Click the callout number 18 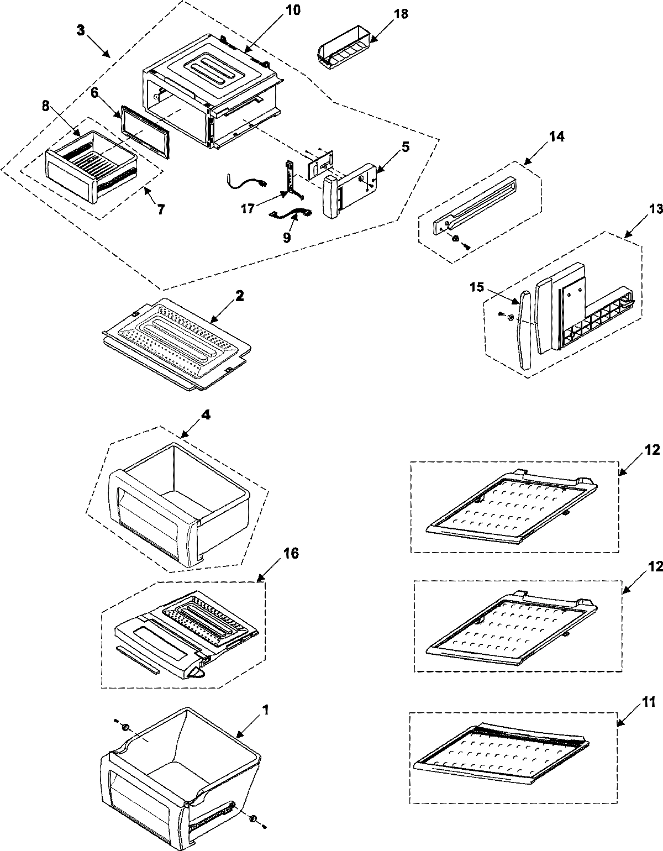tap(401, 14)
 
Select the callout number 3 tap(81, 30)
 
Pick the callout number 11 tap(649, 703)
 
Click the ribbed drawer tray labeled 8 tap(91, 169)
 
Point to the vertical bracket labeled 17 tap(291, 177)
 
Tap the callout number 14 tap(556, 136)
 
